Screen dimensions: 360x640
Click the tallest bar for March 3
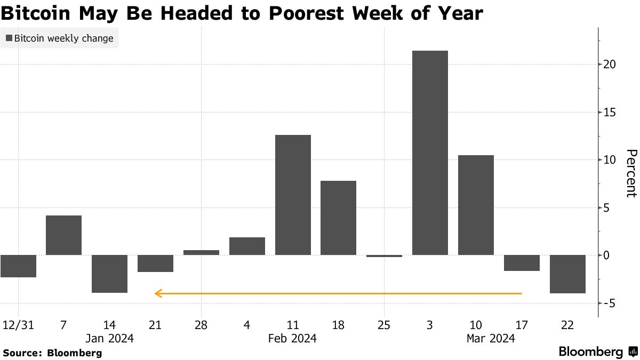click(x=430, y=153)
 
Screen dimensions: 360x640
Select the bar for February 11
click(x=293, y=195)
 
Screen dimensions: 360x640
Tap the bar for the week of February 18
click(x=338, y=218)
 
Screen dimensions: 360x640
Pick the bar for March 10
click(x=476, y=205)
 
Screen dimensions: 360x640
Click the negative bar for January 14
click(x=109, y=274)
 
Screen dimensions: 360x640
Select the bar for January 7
click(x=64, y=235)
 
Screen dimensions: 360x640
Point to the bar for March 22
click(x=567, y=274)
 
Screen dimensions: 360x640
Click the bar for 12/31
click(x=18, y=266)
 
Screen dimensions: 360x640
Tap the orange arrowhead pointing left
click(x=157, y=293)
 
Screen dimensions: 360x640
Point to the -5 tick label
click(x=610, y=303)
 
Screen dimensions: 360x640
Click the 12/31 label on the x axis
click(x=18, y=325)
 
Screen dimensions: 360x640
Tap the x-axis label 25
click(x=384, y=325)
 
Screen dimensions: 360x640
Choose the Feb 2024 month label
click(x=292, y=339)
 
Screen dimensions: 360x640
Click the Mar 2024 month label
click(x=491, y=339)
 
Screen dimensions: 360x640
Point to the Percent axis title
click(x=631, y=173)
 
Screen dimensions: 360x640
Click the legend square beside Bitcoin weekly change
click(x=9, y=38)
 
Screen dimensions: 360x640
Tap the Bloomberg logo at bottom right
click(x=597, y=352)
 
